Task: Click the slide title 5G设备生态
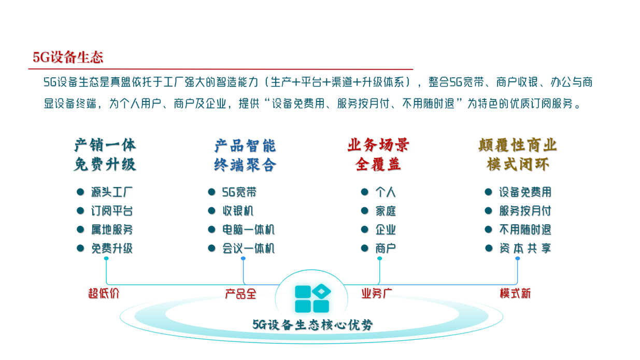[x=68, y=57]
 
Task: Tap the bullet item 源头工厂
[x=112, y=192]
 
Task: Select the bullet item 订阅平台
[x=112, y=211]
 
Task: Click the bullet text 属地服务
[x=112, y=229]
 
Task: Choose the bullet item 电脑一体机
[x=248, y=229]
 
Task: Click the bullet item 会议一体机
[x=248, y=248]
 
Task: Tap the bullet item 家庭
[x=386, y=211]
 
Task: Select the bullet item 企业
[x=386, y=229]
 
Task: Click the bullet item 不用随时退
[x=525, y=229]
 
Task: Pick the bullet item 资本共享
[x=525, y=248]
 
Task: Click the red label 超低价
[x=104, y=293]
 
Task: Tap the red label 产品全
[x=240, y=294]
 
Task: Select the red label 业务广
[x=377, y=293]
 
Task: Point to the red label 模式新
[x=515, y=293]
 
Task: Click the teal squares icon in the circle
[x=312, y=299]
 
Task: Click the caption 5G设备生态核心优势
[x=312, y=325]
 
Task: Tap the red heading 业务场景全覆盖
[x=378, y=155]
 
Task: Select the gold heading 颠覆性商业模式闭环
[x=518, y=155]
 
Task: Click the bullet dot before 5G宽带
[x=211, y=192]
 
